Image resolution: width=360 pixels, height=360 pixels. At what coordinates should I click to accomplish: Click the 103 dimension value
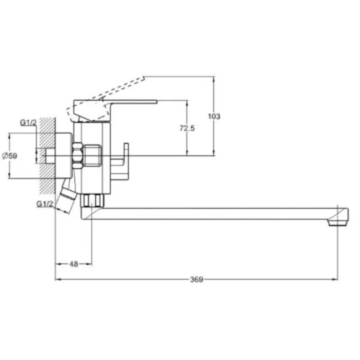[214, 117]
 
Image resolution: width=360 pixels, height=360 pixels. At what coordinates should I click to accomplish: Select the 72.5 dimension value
[187, 128]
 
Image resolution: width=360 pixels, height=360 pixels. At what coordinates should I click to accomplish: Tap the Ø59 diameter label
[10, 156]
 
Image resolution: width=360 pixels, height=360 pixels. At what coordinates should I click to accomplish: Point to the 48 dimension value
[73, 264]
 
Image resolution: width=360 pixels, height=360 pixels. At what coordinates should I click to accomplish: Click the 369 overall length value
[197, 279]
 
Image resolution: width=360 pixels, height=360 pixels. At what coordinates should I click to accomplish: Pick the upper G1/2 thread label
[28, 122]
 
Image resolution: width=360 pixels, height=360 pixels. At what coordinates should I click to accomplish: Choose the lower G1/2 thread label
[45, 204]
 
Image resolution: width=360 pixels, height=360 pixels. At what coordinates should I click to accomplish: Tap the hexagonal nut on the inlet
[78, 156]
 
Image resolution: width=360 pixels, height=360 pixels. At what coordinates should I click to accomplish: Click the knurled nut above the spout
[92, 200]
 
